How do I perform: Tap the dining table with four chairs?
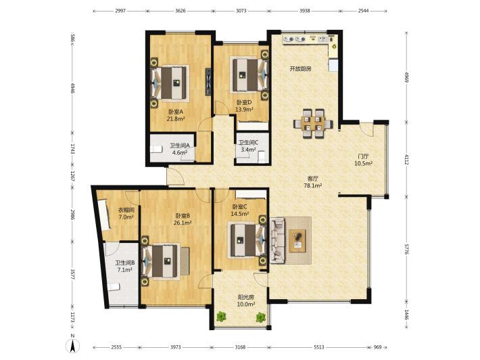313,124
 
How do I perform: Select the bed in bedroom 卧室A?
170,83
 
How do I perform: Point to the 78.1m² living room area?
312,185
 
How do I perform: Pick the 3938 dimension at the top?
305,11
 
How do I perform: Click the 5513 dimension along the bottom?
319,347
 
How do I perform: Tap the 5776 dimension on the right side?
407,249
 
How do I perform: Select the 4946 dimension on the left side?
73,87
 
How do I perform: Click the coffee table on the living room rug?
297,240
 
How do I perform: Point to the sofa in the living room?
278,240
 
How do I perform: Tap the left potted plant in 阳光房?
220,317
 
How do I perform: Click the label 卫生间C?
248,143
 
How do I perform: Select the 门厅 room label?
363,156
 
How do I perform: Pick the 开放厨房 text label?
301,69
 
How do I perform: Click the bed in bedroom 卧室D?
249,74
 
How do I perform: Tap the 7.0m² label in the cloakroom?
126,217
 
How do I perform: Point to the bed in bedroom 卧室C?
247,240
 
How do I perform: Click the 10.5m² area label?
363,163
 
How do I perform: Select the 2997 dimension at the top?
120,11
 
